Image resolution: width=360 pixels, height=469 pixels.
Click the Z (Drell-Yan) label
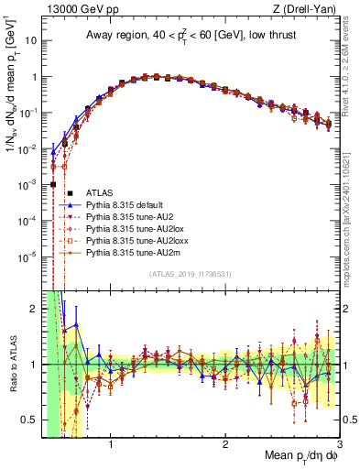(x=307, y=10)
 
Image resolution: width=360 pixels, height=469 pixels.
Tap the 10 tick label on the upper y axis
(x=30, y=41)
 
